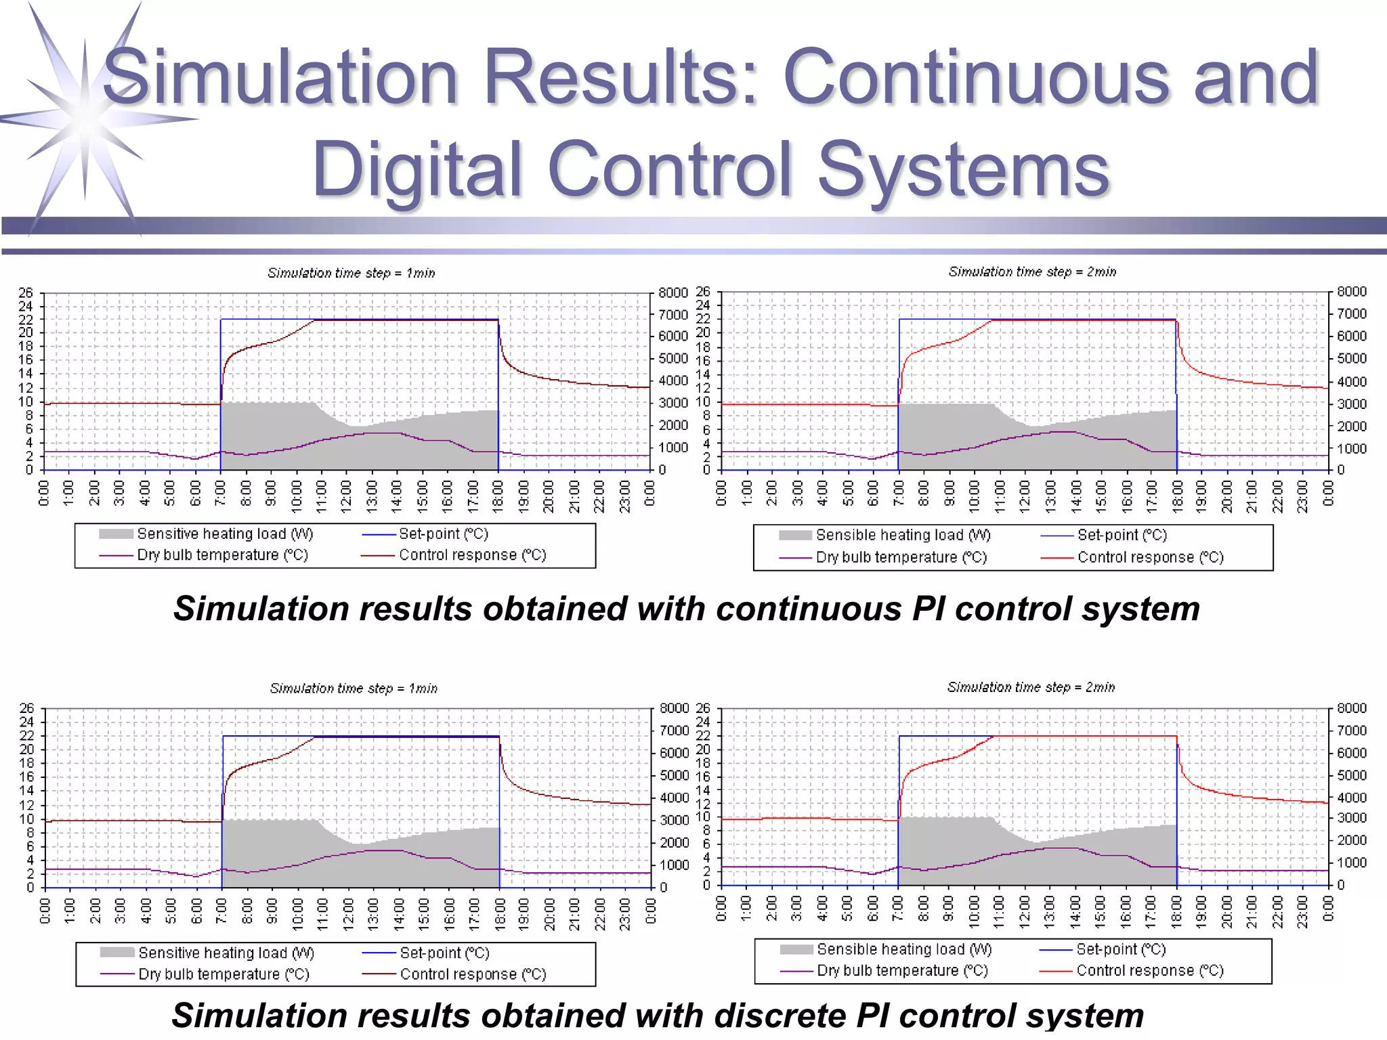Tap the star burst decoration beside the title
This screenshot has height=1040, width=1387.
[x=85, y=118]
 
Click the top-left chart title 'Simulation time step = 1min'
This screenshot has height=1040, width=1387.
[x=351, y=273]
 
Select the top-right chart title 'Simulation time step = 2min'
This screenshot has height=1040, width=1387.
[x=1032, y=272]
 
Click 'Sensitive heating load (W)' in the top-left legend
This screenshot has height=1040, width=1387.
[x=225, y=534]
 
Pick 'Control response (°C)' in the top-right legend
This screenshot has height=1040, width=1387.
[x=1150, y=557]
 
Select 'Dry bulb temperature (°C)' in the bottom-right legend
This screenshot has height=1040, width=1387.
[x=902, y=970]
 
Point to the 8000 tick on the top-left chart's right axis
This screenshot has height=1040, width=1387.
[x=673, y=292]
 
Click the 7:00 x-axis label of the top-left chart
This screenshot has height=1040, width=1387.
[x=221, y=493]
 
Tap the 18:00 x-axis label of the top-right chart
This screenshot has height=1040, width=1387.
[x=1177, y=493]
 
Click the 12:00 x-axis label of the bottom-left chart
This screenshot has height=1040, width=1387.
[x=349, y=911]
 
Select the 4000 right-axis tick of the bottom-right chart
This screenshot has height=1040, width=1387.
[x=1352, y=797]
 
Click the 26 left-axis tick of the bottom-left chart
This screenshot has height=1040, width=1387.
[x=26, y=708]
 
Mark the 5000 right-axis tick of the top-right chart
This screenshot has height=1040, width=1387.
[x=1351, y=358]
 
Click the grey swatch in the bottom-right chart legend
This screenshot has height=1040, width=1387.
[x=796, y=949]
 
